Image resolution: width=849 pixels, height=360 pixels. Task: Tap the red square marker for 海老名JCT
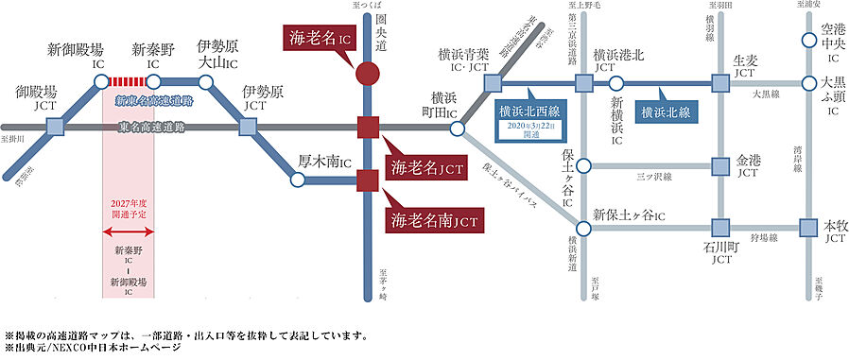(x=368, y=126)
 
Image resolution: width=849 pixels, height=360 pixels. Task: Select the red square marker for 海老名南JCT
(x=368, y=179)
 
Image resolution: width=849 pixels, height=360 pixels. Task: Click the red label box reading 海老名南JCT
(x=434, y=220)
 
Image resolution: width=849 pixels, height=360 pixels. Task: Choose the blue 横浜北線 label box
(x=666, y=111)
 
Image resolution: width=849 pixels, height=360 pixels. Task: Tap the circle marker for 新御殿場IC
(x=101, y=81)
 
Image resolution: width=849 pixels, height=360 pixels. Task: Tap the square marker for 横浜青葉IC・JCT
(x=493, y=83)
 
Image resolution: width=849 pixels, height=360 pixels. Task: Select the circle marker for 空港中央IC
(x=808, y=41)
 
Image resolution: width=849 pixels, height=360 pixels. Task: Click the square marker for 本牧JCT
(x=808, y=228)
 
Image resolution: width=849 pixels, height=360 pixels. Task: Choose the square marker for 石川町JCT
(x=721, y=228)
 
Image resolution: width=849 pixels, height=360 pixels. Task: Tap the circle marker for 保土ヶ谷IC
(x=583, y=166)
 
